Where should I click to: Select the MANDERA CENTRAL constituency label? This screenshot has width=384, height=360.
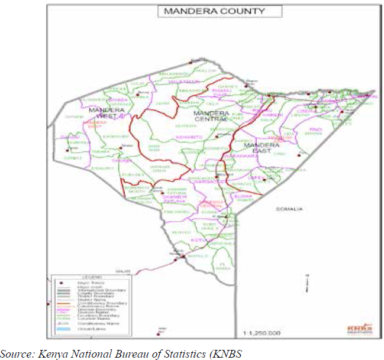(x=211, y=116)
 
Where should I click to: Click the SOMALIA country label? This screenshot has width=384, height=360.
(x=289, y=209)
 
